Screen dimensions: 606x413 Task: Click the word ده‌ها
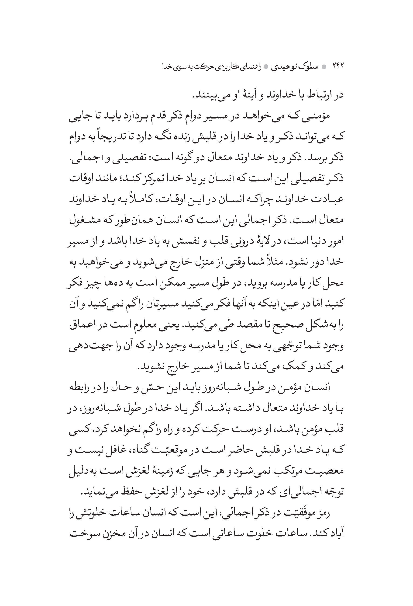click(x=118, y=282)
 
